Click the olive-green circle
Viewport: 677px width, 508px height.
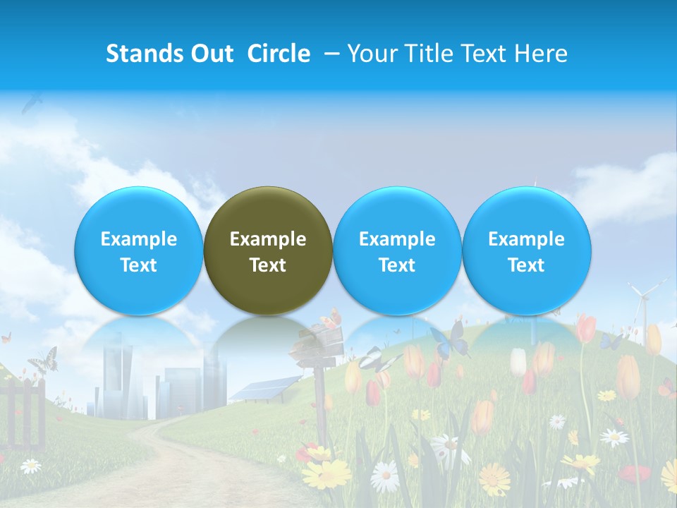coord(268,212)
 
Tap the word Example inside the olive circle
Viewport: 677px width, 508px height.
coord(268,239)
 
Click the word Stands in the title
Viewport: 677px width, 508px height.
coord(142,54)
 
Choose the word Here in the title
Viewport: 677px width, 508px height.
coord(542,54)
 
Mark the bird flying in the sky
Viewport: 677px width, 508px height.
coord(32,104)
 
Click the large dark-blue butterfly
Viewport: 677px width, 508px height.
coord(450,340)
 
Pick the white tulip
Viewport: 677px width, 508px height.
coord(518,361)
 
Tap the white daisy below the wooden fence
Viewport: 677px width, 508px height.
coord(30,466)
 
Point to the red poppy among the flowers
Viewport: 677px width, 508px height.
coord(635,473)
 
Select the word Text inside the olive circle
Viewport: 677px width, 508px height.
coord(268,265)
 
